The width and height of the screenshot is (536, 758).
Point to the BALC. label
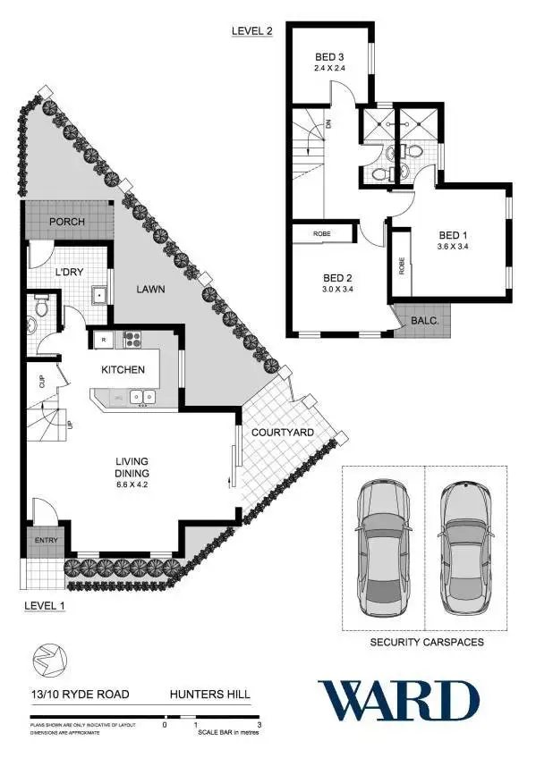coord(423,318)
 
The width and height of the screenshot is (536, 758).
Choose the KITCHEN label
coord(123,368)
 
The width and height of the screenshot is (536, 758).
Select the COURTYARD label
coord(282,433)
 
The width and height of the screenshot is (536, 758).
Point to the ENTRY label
coord(46,541)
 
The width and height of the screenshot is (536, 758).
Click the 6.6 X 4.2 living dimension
coord(132,484)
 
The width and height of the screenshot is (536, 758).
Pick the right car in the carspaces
coord(466,547)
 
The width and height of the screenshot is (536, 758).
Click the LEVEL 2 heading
coord(251,31)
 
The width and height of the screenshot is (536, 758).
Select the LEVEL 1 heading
coord(45,605)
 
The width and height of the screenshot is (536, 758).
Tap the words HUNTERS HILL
coord(212,694)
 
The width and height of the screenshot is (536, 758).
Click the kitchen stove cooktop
coord(132,339)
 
